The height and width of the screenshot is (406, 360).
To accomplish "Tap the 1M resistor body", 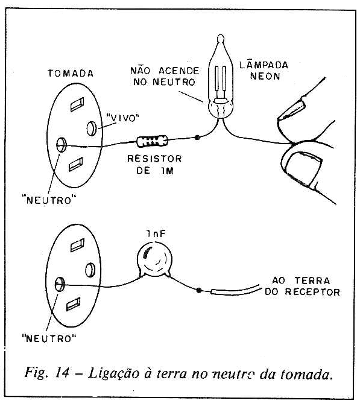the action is (152, 141).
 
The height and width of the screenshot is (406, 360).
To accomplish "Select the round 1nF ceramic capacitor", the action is (154, 259).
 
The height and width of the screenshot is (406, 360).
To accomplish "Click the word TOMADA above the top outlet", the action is (71, 73).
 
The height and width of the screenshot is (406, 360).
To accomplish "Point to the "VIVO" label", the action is (122, 118).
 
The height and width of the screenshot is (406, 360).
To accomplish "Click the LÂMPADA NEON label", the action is (264, 71).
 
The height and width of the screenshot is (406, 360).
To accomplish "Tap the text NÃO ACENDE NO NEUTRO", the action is (165, 77).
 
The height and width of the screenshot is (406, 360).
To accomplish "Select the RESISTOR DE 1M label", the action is (154, 165).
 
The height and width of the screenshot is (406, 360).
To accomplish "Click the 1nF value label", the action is (156, 234).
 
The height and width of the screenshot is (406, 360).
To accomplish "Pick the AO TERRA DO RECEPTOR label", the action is (302, 287).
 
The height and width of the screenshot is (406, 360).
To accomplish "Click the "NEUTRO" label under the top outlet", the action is (49, 200).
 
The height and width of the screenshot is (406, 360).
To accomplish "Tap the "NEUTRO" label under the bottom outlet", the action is (49, 338).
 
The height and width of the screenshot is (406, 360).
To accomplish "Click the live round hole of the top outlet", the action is (92, 128).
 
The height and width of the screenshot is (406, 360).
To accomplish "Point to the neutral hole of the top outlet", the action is (62, 144).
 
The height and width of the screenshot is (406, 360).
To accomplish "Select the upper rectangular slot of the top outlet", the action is (77, 104).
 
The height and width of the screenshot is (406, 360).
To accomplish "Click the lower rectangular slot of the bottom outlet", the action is (74, 304).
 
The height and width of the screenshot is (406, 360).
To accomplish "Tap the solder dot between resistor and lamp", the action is (197, 138).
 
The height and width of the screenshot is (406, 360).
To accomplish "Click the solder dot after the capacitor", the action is (199, 290).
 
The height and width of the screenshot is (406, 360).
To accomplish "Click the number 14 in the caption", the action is (62, 373).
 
